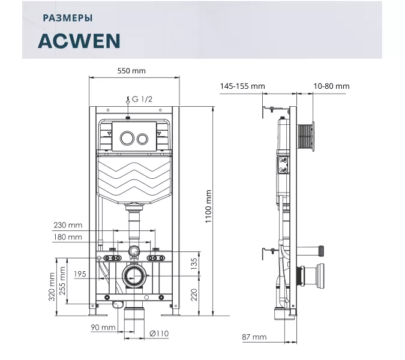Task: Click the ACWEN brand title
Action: [x=79, y=40]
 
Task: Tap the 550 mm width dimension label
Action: [x=131, y=71]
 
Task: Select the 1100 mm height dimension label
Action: [x=209, y=206]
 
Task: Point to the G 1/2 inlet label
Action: [x=143, y=98]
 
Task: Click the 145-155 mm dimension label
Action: [x=242, y=86]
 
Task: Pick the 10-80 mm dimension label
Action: [x=331, y=86]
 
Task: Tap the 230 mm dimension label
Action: [x=67, y=225]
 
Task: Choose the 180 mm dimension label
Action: [x=67, y=237]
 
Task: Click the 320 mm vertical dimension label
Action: [x=52, y=287]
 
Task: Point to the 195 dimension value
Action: [x=80, y=274]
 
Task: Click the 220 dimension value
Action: [x=193, y=295]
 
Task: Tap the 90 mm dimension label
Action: [x=103, y=327]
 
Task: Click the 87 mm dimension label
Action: [x=254, y=337]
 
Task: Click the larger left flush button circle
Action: [x=127, y=139]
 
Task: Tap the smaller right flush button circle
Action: [x=143, y=139]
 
